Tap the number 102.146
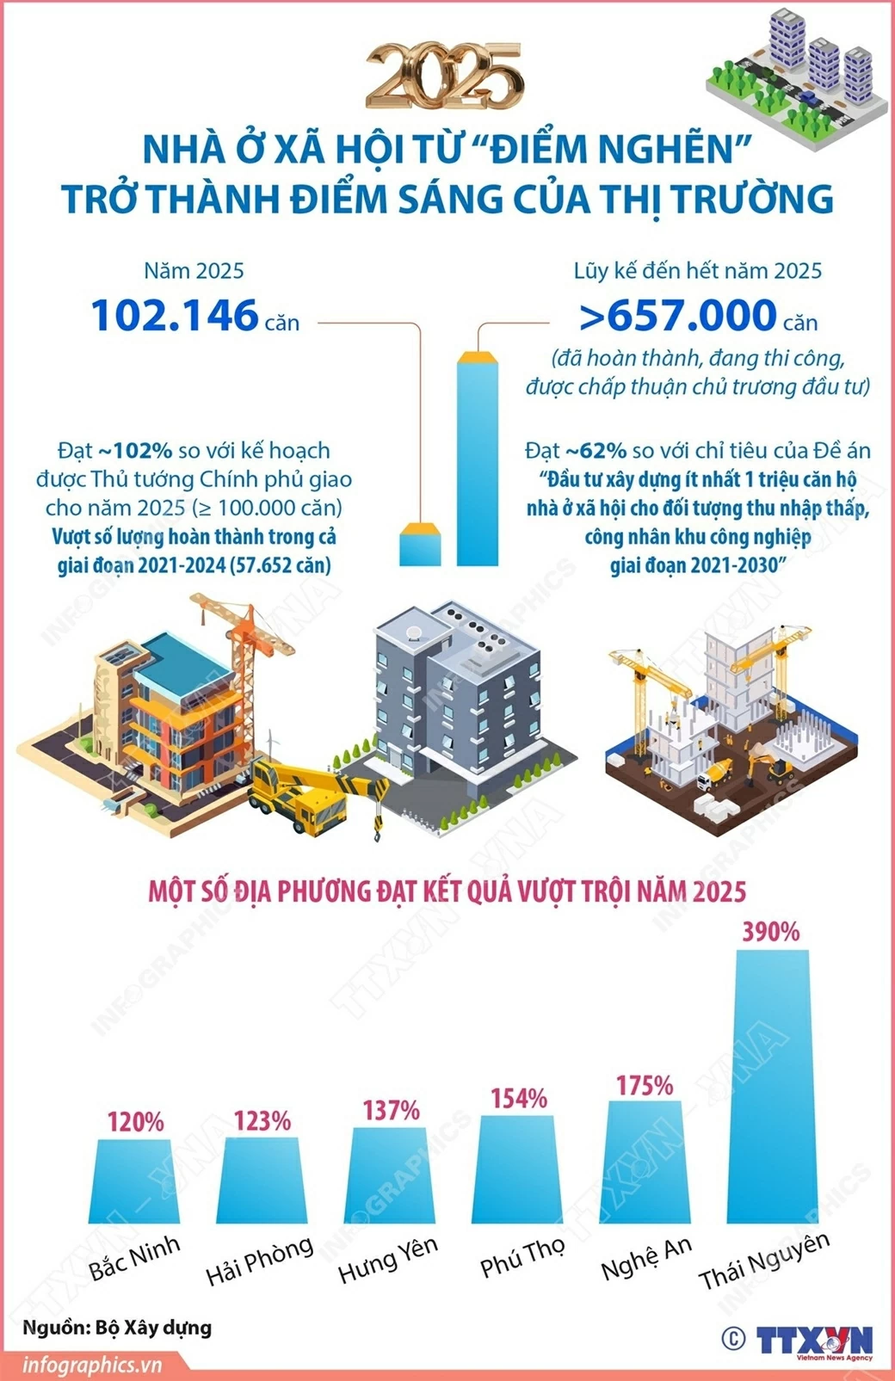[175, 315]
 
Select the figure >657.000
[678, 315]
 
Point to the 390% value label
[770, 931]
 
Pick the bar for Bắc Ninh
[135, 1181]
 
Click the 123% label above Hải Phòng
[262, 1120]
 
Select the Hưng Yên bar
[390, 1174]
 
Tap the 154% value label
[519, 1098]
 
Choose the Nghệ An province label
[645, 1258]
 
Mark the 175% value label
[645, 1085]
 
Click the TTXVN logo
[813, 1341]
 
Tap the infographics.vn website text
[92, 1365]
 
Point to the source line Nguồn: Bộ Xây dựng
[117, 1327]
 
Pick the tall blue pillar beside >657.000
[478, 459]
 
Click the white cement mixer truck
[713, 775]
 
